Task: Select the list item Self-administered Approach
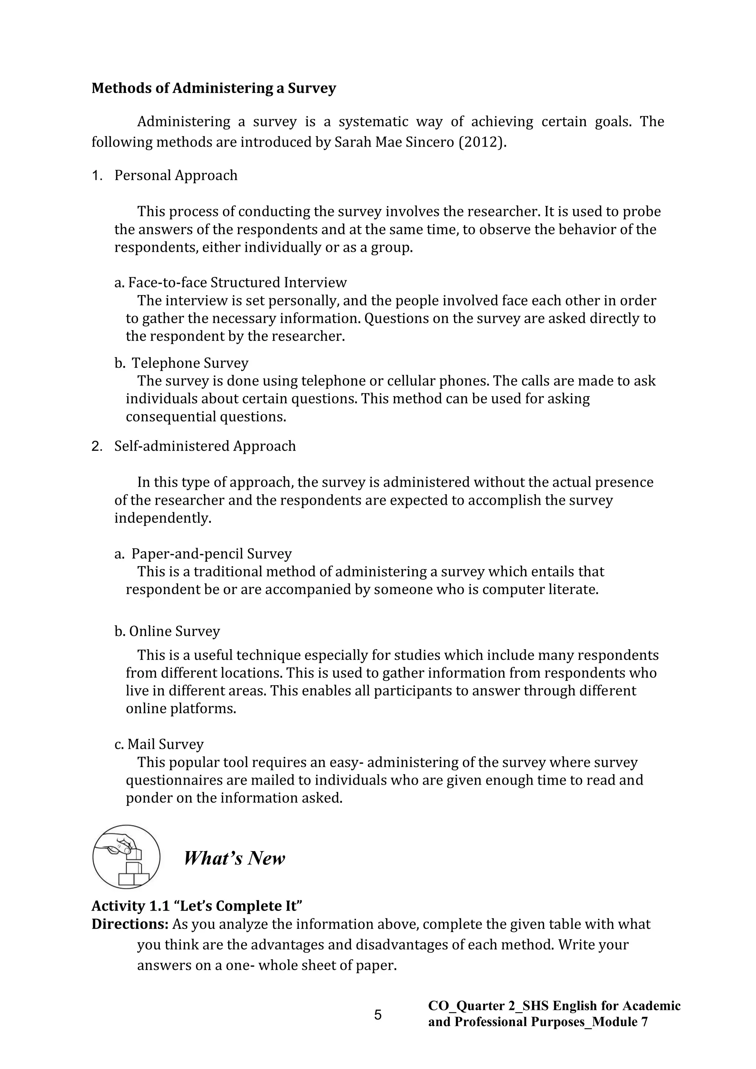pyautogui.click(x=205, y=446)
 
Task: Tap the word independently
pyautogui.click(x=163, y=518)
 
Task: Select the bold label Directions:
pyautogui.click(x=130, y=924)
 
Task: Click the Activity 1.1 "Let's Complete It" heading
pyautogui.click(x=197, y=905)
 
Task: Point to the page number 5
pyautogui.click(x=378, y=1014)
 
